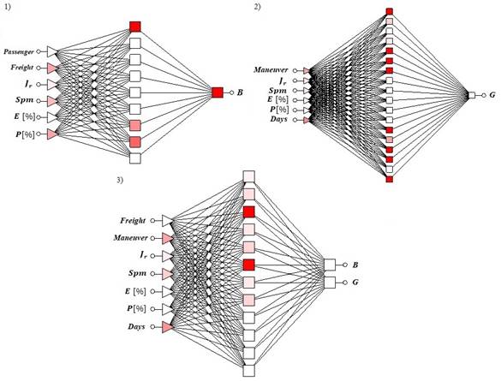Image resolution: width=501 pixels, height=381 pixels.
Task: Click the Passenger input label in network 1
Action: [19, 51]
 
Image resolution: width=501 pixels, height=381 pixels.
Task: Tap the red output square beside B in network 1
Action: [218, 92]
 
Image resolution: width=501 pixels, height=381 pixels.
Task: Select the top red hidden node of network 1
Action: [135, 27]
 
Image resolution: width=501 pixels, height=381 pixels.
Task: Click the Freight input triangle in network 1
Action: [52, 68]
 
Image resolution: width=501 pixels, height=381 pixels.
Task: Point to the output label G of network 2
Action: [492, 95]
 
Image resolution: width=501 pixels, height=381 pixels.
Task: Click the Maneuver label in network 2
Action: [271, 70]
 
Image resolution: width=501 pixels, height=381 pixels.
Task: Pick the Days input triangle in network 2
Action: [307, 120]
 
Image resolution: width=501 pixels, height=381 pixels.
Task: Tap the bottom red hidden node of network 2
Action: [389, 179]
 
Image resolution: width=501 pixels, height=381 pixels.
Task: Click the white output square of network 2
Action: [472, 95]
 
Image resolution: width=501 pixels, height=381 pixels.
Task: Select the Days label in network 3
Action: [136, 327]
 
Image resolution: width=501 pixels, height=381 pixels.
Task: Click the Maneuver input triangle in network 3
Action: [168, 238]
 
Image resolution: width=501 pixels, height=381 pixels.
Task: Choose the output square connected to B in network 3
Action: [330, 265]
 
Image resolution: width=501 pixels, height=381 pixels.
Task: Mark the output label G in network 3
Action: [355, 283]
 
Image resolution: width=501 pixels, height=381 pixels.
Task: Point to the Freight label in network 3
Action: [133, 221]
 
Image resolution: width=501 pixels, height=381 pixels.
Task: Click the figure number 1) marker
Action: [7, 8]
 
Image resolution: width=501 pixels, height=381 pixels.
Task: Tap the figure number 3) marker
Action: [120, 180]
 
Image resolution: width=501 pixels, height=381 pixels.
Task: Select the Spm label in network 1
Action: [25, 100]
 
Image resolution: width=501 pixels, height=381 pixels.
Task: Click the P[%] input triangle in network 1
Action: [52, 134]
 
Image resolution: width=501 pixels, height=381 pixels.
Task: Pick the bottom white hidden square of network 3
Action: [249, 371]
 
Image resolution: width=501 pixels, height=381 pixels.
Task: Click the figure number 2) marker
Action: [257, 7]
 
